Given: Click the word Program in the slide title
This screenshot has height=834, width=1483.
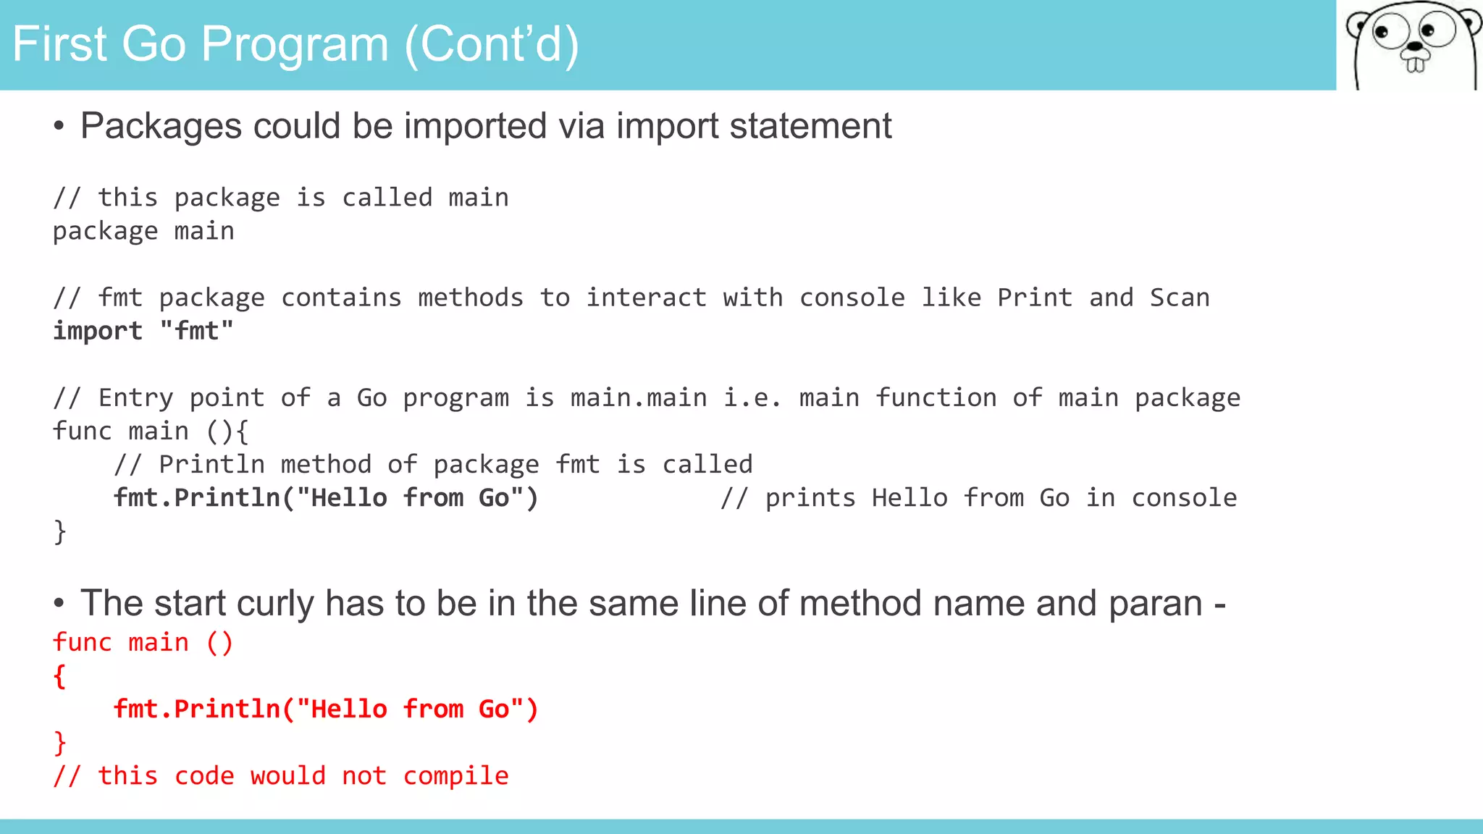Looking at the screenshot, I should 295,45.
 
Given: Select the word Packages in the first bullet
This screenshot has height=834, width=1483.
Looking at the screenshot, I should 160,126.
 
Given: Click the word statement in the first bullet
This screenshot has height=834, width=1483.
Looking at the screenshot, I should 810,126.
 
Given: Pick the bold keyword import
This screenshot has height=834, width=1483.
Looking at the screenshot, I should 98,331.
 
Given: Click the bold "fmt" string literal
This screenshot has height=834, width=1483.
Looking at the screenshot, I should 197,331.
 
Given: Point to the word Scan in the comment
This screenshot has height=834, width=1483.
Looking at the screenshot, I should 1180,298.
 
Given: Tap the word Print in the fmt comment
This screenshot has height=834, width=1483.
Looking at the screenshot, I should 1034,298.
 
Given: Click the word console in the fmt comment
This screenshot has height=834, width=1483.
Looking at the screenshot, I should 852,298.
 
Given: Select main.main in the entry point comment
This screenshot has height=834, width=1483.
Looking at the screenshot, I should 639,397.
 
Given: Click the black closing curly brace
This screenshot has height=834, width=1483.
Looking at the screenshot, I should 60,531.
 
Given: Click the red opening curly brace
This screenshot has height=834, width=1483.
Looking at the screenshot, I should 60,676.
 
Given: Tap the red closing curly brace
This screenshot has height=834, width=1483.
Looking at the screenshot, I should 60,743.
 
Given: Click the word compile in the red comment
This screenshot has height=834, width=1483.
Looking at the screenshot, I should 455,776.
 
